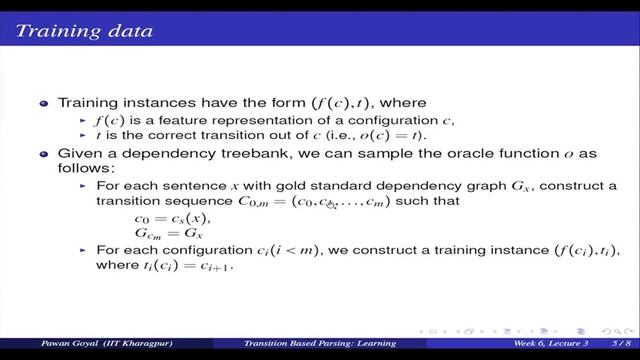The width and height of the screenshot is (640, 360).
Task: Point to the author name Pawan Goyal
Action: click(x=42, y=347)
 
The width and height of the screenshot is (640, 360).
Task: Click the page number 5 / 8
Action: click(x=609, y=347)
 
